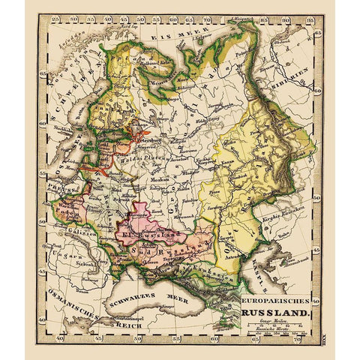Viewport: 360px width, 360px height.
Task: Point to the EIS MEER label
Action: pyautogui.click(x=170, y=36)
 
